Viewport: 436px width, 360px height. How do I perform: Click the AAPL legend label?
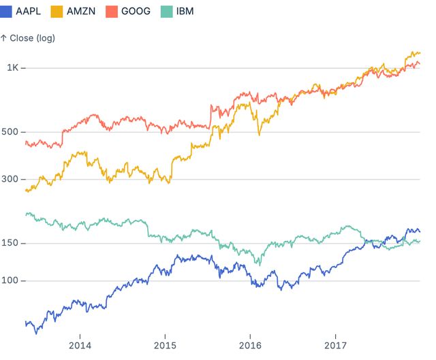pos(30,11)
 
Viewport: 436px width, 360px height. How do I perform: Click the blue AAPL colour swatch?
pos(8,11)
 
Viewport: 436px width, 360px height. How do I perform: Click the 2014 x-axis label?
pos(80,344)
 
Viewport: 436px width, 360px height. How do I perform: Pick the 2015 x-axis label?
pos(165,344)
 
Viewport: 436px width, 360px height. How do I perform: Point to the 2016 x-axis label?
pos(250,344)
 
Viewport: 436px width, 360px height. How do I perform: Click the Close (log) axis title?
pos(28,38)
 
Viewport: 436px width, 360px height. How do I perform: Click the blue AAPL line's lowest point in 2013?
pos(35,333)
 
